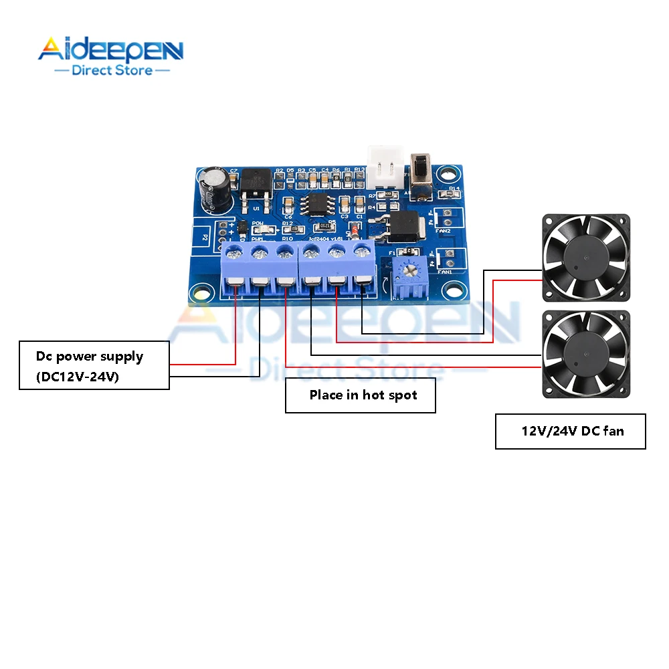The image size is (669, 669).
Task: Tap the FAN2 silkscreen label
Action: pyautogui.click(x=443, y=231)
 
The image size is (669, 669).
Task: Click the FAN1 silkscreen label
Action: pyautogui.click(x=443, y=272)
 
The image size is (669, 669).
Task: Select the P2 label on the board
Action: pyautogui.click(x=205, y=236)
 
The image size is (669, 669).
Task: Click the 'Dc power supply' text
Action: pyautogui.click(x=90, y=356)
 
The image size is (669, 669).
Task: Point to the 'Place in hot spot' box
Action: pyautogui.click(x=361, y=395)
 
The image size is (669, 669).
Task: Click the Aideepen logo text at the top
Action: pyautogui.click(x=110, y=51)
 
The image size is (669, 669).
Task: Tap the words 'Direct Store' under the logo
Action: pyautogui.click(x=112, y=70)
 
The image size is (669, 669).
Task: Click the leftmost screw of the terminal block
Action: pyautogui.click(x=234, y=253)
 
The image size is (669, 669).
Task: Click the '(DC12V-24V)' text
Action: pyautogui.click(x=69, y=377)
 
